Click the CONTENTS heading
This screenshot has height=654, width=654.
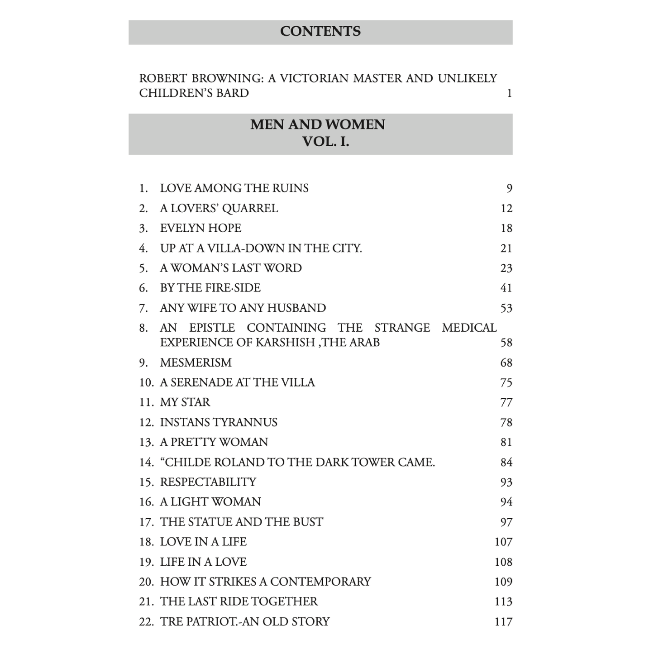pyautogui.click(x=320, y=31)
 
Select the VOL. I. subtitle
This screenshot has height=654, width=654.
pyautogui.click(x=325, y=142)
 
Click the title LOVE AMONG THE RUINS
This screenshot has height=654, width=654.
pyautogui.click(x=234, y=188)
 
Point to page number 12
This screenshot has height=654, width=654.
pyautogui.click(x=506, y=209)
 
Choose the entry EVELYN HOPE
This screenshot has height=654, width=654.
pyautogui.click(x=200, y=228)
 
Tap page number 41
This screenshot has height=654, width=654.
pyautogui.click(x=506, y=288)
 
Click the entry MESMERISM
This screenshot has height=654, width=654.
pyautogui.click(x=196, y=363)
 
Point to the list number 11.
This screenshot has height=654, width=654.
pyautogui.click(x=146, y=402)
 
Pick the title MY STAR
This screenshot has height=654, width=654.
pyautogui.click(x=185, y=402)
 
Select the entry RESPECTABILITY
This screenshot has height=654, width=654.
pyautogui.click(x=208, y=482)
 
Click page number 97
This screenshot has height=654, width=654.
pyautogui.click(x=506, y=522)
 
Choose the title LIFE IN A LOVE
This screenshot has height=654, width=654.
pyautogui.click(x=203, y=562)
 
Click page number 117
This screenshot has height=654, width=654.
pyautogui.click(x=503, y=622)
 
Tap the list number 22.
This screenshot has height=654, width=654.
pyautogui.click(x=146, y=622)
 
